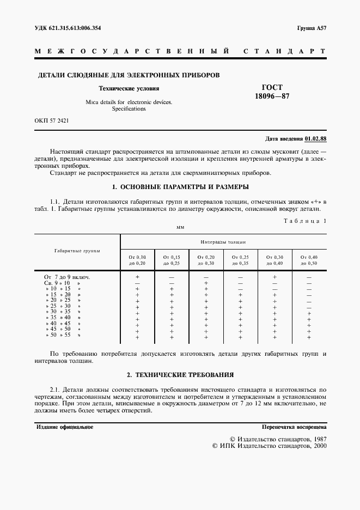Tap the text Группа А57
point(312,28)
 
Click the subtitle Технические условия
point(129,88)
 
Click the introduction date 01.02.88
point(316,138)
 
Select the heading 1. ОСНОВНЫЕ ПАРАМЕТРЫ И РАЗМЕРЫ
point(180,187)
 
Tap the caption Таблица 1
point(306,221)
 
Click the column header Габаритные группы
point(77,251)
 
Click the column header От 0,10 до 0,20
point(137,259)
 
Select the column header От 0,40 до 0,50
point(309,259)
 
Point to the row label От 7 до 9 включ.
point(63,277)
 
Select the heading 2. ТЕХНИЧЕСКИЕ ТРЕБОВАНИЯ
point(180,375)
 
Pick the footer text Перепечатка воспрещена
point(294,427)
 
